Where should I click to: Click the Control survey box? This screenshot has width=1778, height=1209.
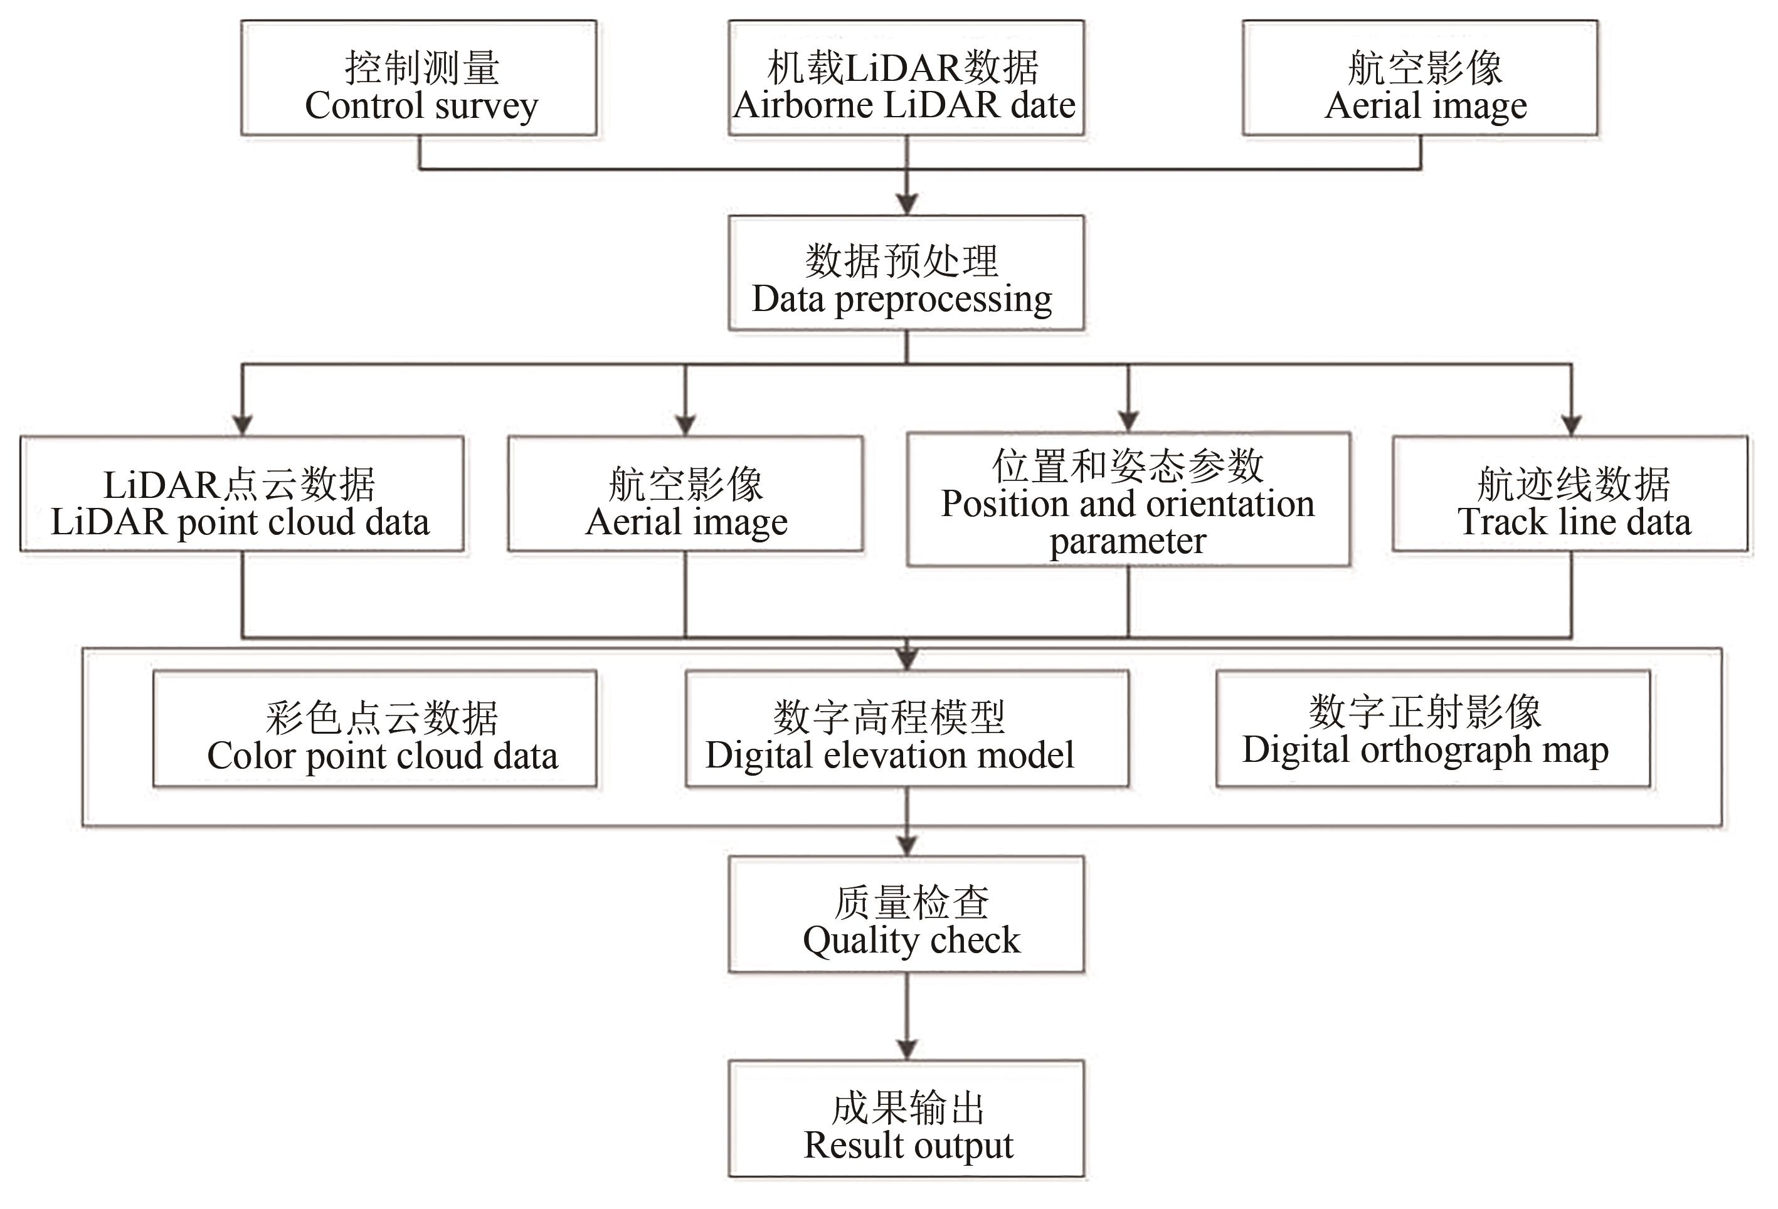tap(418, 78)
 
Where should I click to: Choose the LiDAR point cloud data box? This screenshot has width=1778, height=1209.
tap(241, 494)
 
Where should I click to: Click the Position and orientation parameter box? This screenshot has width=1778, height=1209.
tap(1128, 500)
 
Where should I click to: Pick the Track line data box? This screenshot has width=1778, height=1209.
tap(1570, 494)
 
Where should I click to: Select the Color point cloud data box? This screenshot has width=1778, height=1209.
tap(375, 729)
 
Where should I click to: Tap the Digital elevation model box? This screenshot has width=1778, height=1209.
tap(907, 729)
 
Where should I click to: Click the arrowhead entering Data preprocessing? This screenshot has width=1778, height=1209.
tap(907, 204)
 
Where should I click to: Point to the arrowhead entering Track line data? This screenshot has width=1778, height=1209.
tap(1570, 425)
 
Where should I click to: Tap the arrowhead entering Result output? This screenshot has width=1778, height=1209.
tap(907, 1049)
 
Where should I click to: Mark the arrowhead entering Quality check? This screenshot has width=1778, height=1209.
tap(907, 845)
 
